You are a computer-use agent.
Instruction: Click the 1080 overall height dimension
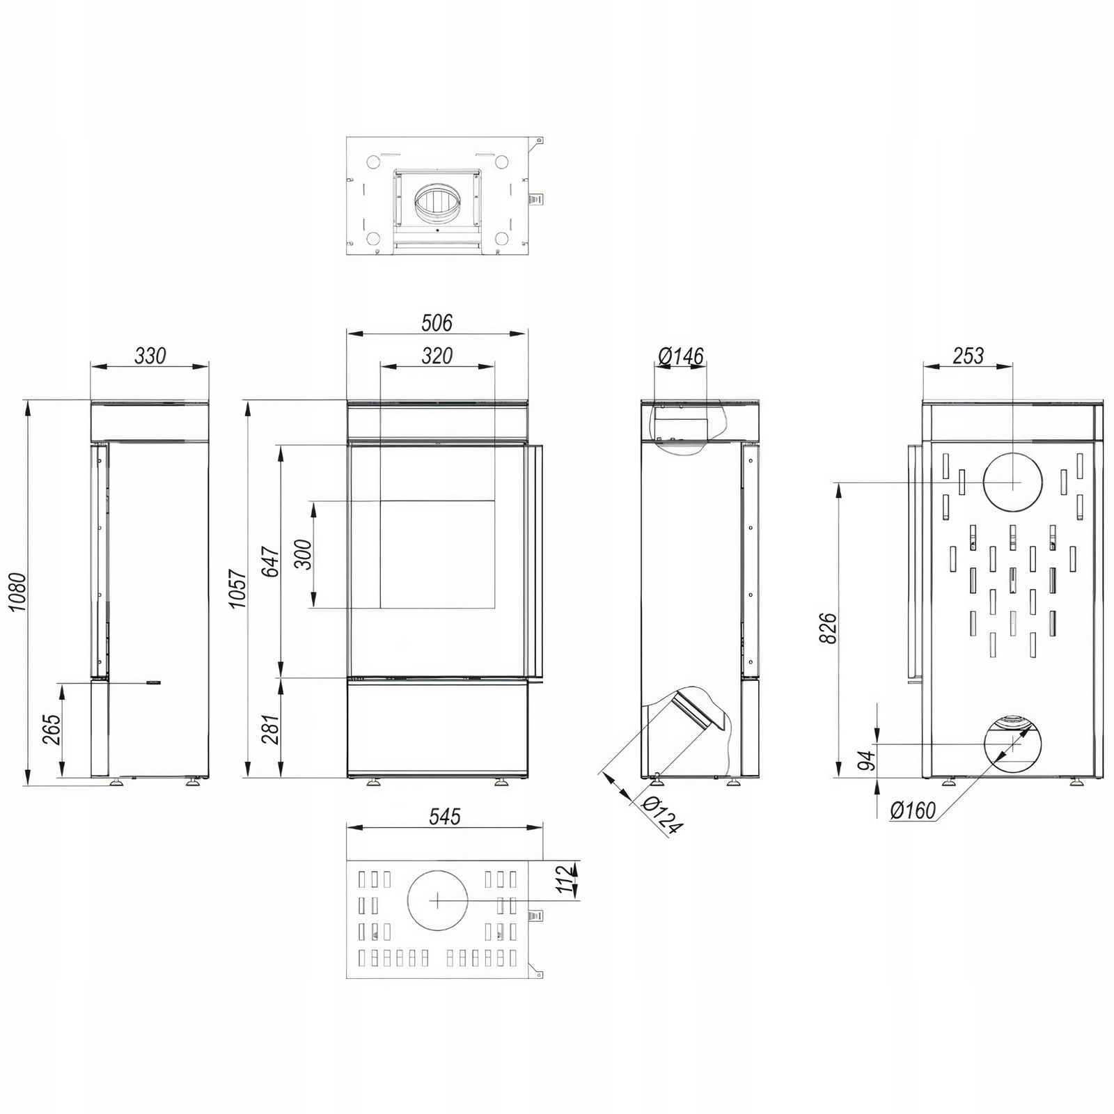pyautogui.click(x=17, y=592)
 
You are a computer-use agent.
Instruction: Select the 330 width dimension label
pyautogui.click(x=150, y=356)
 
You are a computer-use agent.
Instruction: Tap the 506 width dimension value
pyautogui.click(x=437, y=323)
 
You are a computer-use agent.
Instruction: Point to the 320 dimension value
pyautogui.click(x=437, y=356)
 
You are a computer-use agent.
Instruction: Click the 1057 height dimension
pyautogui.click(x=238, y=588)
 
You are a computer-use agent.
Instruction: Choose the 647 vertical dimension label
pyautogui.click(x=271, y=562)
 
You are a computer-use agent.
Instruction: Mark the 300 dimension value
pyautogui.click(x=304, y=554)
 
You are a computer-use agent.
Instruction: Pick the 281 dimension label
pyautogui.click(x=271, y=729)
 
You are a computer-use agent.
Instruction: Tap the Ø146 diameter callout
pyautogui.click(x=681, y=356)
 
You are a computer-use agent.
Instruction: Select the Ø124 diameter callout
pyautogui.click(x=661, y=815)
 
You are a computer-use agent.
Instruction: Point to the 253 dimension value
pyautogui.click(x=968, y=356)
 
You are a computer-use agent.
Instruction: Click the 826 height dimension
pyautogui.click(x=828, y=628)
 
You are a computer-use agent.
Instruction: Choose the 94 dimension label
pyautogui.click(x=866, y=760)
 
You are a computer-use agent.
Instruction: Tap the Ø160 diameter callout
pyautogui.click(x=913, y=810)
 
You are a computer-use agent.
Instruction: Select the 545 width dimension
pyautogui.click(x=445, y=816)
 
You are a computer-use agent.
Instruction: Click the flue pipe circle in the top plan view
pyautogui.click(x=437, y=204)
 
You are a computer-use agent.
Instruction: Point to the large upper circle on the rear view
pyautogui.click(x=1013, y=482)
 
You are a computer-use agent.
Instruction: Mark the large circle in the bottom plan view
pyautogui.click(x=437, y=900)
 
